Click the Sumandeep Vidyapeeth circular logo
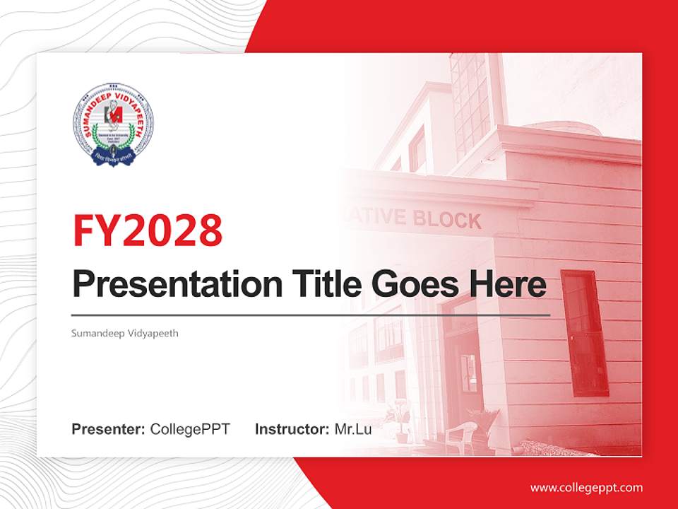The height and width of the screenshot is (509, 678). point(113,124)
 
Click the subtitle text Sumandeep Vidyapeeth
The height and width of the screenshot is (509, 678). point(125,332)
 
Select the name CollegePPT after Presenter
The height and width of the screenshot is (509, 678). point(190,429)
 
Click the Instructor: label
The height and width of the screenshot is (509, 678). point(292,429)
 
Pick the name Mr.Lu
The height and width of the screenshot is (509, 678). point(353,429)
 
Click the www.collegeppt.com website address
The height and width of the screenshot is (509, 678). point(586,487)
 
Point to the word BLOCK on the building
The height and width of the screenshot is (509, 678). point(448,220)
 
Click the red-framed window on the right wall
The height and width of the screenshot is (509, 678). point(584,332)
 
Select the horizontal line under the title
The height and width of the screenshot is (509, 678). point(311,315)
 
